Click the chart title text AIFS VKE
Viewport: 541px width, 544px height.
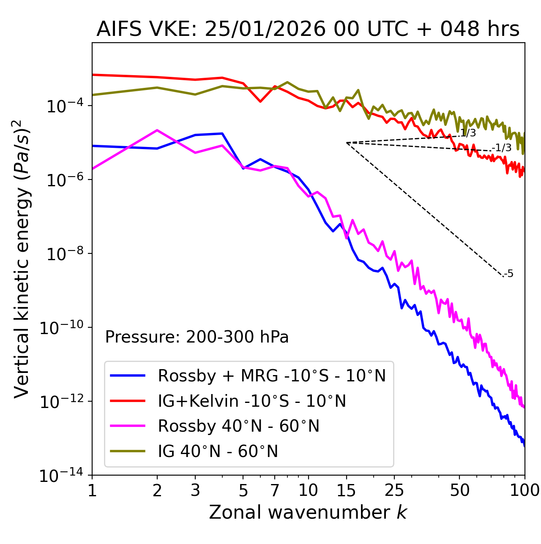pyautogui.click(x=308, y=30)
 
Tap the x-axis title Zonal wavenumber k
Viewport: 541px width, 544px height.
pyautogui.click(x=308, y=512)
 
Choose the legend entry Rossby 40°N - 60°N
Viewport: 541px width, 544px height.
pyautogui.click(x=238, y=426)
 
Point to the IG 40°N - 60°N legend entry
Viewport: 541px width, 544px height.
pyautogui.click(x=218, y=452)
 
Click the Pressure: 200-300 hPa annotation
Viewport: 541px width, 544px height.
pyautogui.click(x=197, y=337)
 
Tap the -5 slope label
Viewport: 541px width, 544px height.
pyautogui.click(x=509, y=274)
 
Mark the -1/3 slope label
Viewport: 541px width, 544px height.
pyautogui.click(x=502, y=148)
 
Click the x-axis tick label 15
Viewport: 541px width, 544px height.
pyautogui.click(x=346, y=490)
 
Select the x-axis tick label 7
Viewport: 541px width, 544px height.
pyautogui.click(x=275, y=490)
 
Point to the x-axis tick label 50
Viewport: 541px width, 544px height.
pyautogui.click(x=459, y=490)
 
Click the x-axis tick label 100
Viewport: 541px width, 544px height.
pyautogui.click(x=525, y=490)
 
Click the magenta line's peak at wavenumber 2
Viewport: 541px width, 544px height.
pyautogui.click(x=157, y=130)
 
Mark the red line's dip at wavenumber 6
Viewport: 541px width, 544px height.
pyautogui.click(x=260, y=101)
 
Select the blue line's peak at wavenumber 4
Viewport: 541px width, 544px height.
pyautogui.click(x=222, y=133)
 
